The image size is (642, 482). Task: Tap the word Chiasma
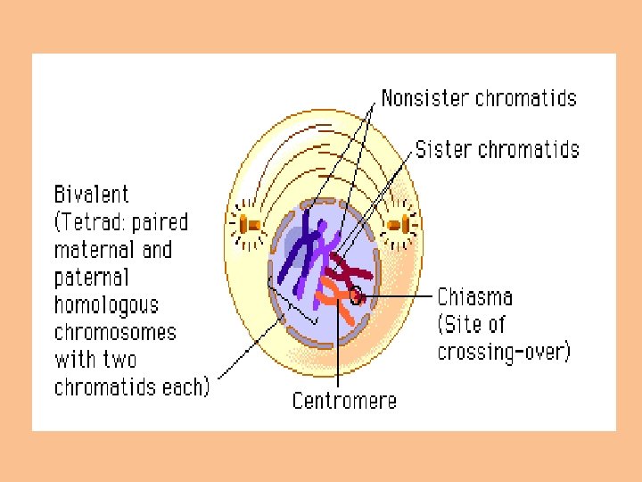pos(473,296)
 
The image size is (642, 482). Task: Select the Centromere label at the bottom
pos(344,401)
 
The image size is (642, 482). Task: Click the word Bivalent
pos(92,195)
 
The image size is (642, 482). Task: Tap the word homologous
pos(106,305)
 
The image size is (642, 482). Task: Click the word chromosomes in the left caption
pos(115,333)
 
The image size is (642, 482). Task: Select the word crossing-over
pos(503,352)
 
